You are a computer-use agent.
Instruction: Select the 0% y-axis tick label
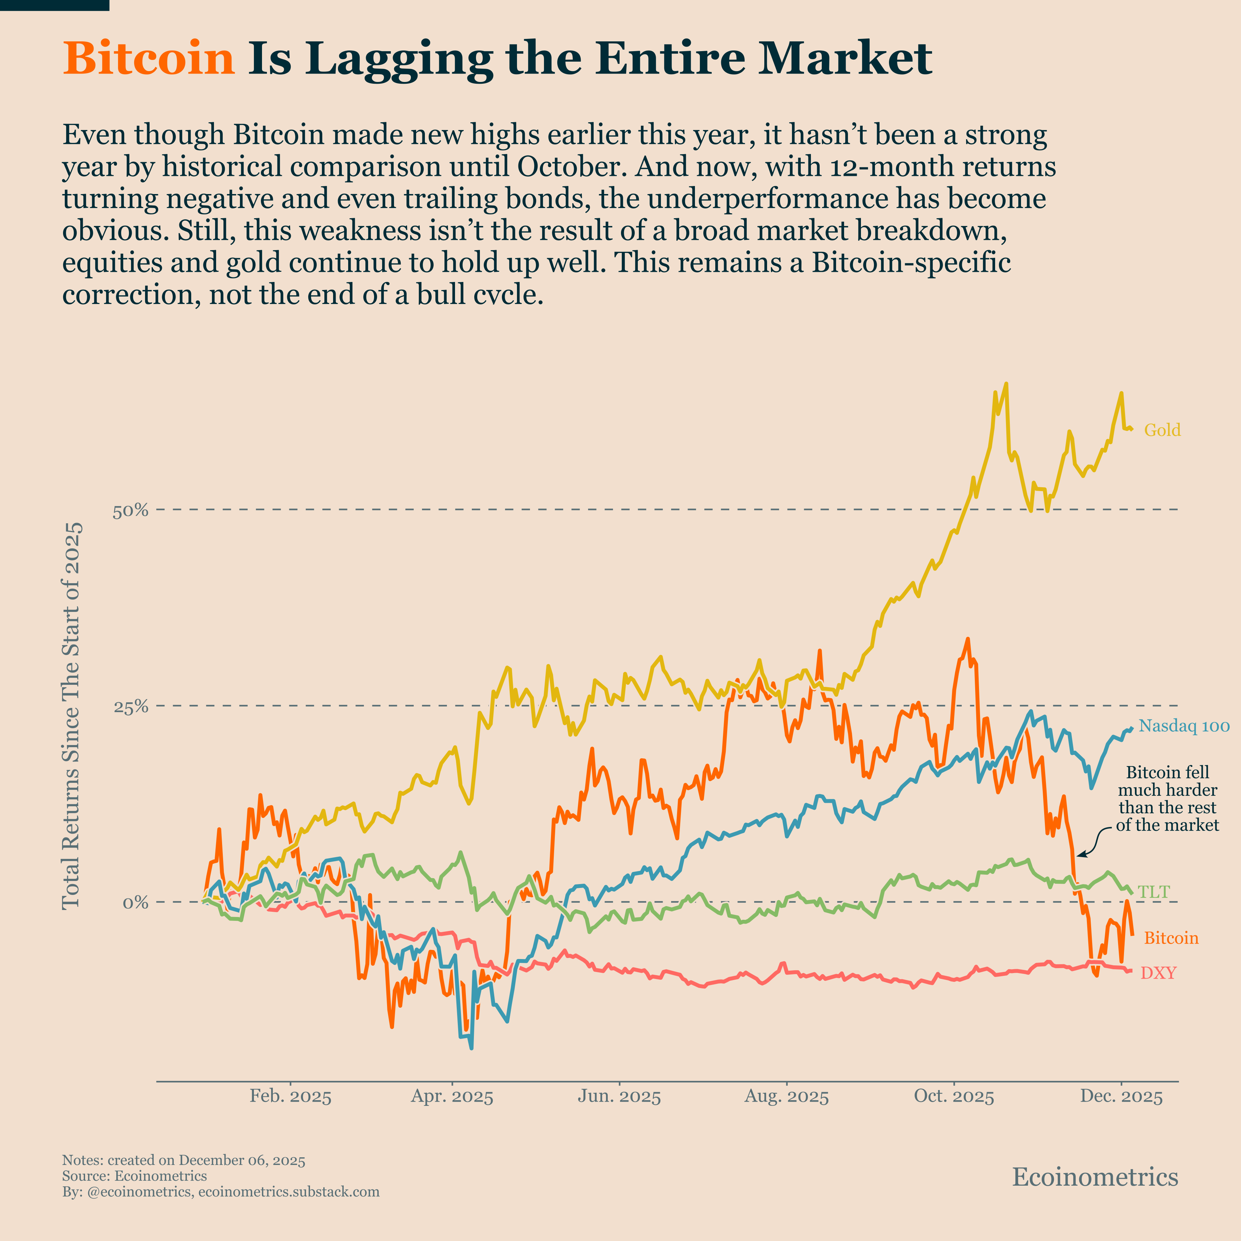[x=136, y=903]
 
